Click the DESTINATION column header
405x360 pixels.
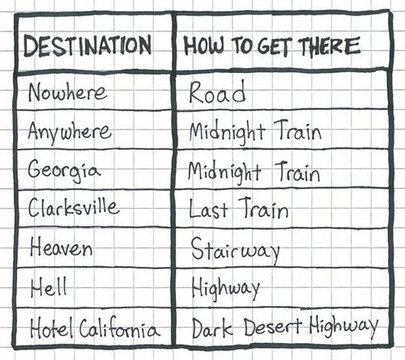pos(87,45)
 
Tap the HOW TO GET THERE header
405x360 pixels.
pos(272,46)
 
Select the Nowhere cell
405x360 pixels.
pos(67,93)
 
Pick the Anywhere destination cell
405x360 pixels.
pos(69,132)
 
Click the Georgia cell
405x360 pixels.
pos(64,170)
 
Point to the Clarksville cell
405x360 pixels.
pos(74,208)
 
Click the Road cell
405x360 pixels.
pos(217,93)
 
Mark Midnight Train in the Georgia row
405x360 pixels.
pos(253,172)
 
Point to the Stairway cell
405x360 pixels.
pos(235,249)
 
